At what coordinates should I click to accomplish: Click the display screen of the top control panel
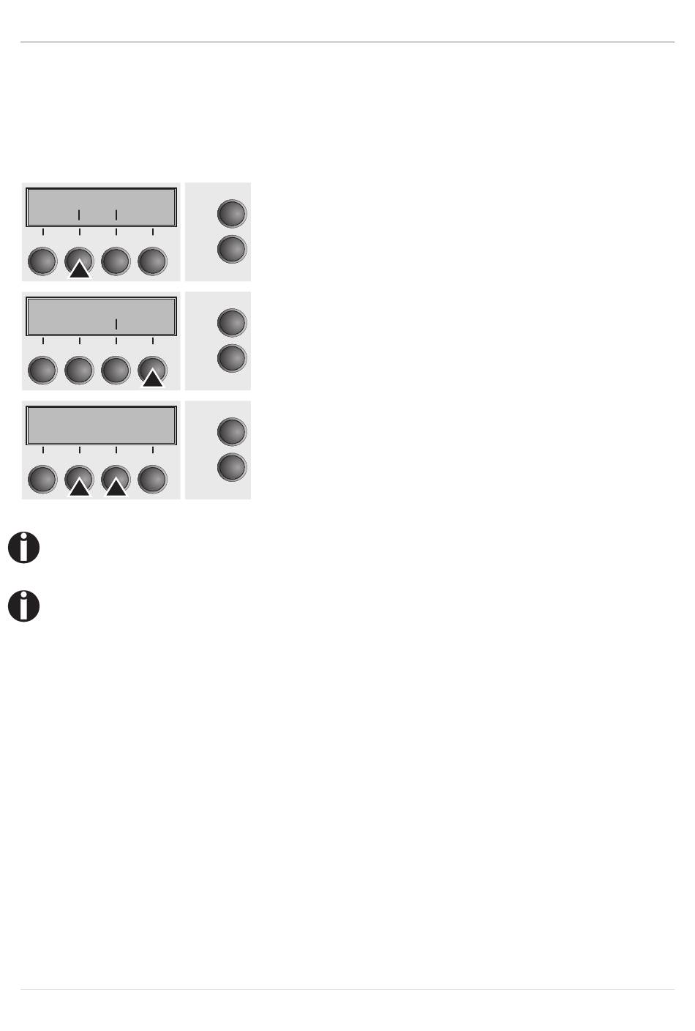click(102, 207)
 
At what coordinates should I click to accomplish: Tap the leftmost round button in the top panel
click(42, 261)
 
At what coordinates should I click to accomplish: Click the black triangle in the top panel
click(80, 269)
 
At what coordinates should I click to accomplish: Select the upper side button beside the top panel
click(232, 213)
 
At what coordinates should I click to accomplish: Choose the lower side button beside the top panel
click(232, 249)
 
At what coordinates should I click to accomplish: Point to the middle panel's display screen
click(102, 316)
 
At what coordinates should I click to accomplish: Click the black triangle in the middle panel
click(153, 379)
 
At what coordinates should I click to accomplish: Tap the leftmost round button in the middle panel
click(42, 371)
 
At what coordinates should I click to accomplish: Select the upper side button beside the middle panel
click(232, 322)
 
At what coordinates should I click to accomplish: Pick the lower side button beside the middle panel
click(232, 358)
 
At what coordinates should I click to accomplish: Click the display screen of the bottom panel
click(102, 425)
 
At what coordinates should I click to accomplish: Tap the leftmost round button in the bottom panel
click(42, 480)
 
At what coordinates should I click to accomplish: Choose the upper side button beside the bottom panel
click(232, 431)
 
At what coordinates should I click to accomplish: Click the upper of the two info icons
click(23, 548)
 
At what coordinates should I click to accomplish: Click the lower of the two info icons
click(23, 607)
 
